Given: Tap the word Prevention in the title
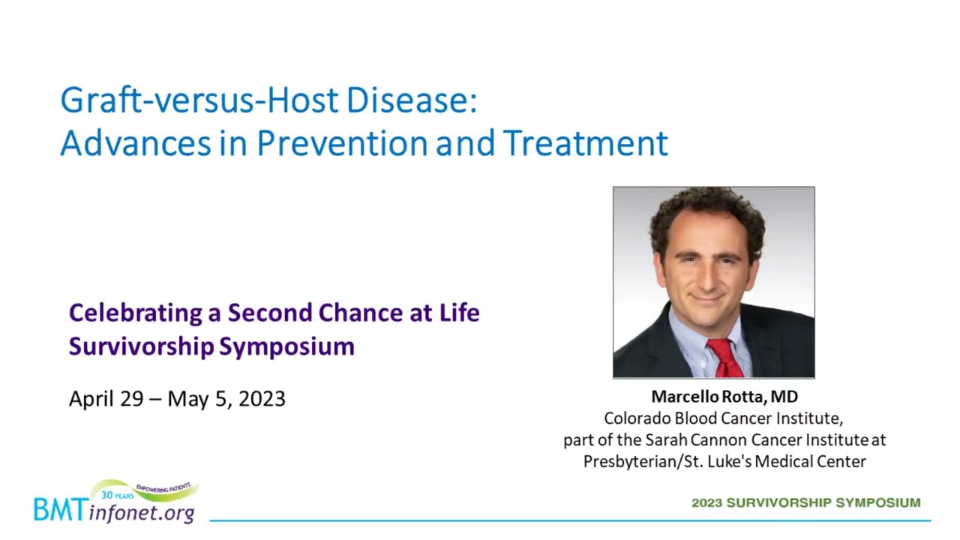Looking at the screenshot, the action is pyautogui.click(x=342, y=143).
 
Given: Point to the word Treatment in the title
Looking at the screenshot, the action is pyautogui.click(x=586, y=143).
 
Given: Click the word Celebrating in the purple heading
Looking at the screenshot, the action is pyautogui.click(x=136, y=313).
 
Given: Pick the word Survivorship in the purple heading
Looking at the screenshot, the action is pyautogui.click(x=142, y=346).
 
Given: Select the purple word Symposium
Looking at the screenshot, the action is pyautogui.click(x=286, y=346).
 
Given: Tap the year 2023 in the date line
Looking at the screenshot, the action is pyautogui.click(x=262, y=398).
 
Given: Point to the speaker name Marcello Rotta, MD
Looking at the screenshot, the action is pyautogui.click(x=724, y=397).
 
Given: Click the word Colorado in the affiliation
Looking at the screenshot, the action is pyautogui.click(x=637, y=418).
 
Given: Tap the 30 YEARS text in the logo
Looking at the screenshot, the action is pyautogui.click(x=118, y=496).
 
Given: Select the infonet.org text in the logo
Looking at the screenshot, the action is pyautogui.click(x=142, y=512).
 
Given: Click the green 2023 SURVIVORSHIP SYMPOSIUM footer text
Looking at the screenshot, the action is pyautogui.click(x=806, y=502).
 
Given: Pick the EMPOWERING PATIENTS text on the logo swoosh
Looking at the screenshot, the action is pyautogui.click(x=163, y=487).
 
